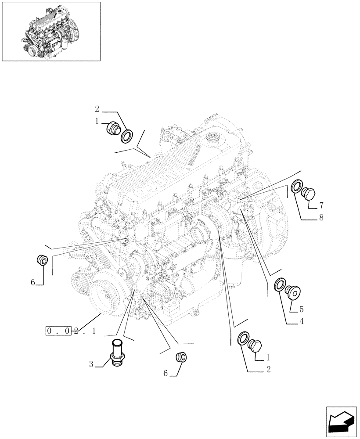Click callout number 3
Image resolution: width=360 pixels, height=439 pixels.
(91, 363)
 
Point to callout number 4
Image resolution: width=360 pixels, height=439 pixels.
(301, 321)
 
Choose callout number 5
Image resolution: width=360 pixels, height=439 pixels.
(301, 309)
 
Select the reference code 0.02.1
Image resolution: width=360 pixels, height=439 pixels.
(70, 331)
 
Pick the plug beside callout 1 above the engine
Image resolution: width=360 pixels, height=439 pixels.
(114, 130)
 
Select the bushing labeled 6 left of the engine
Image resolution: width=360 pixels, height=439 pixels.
(43, 260)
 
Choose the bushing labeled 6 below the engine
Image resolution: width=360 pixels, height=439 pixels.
(180, 357)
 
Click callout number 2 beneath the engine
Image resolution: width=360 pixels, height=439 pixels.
(267, 370)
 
